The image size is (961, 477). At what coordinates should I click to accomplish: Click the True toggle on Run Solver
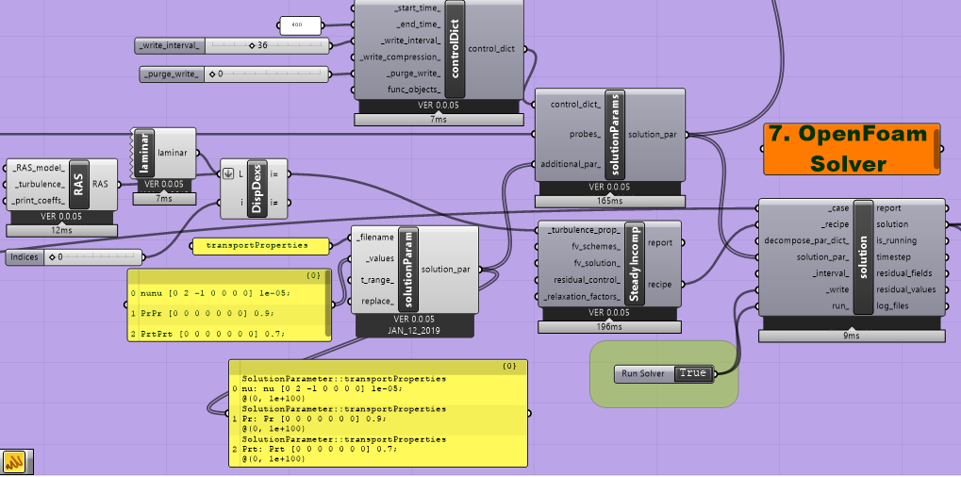tap(692, 373)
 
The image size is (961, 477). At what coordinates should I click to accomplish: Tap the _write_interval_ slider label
tap(171, 45)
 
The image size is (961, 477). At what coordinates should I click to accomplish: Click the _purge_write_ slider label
tap(172, 73)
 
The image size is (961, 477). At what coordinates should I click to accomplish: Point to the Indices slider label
tap(24, 256)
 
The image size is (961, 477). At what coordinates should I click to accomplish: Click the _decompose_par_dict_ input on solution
tap(804, 240)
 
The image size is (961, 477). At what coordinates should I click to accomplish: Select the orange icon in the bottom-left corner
tap(14, 461)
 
